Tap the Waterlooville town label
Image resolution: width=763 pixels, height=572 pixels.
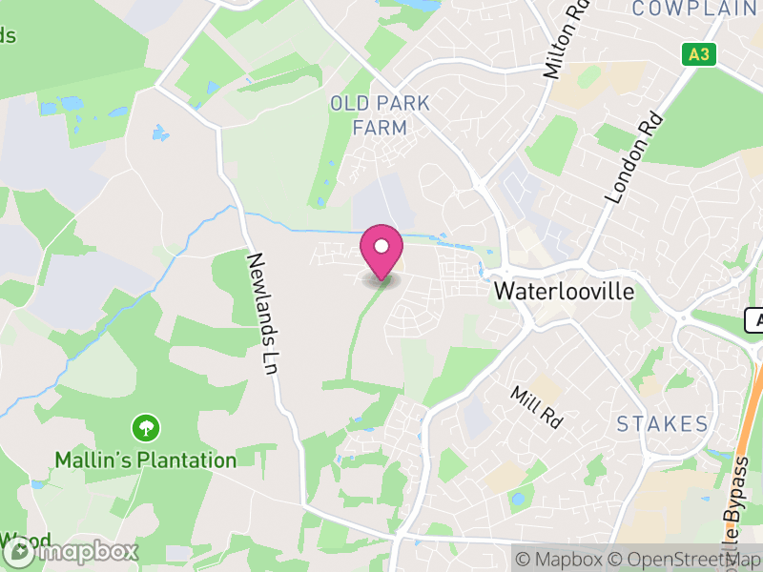564,292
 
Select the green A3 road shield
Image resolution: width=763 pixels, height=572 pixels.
699,54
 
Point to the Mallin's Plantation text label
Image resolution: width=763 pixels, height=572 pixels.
145,460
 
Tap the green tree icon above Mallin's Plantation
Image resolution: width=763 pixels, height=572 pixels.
145,426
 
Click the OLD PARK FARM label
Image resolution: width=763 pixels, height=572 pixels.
380,114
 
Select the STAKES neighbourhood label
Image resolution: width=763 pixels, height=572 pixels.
662,423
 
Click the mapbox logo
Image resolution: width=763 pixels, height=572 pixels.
72,551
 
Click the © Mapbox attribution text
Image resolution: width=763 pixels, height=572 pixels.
562,559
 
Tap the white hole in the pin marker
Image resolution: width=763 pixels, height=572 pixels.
381,247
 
